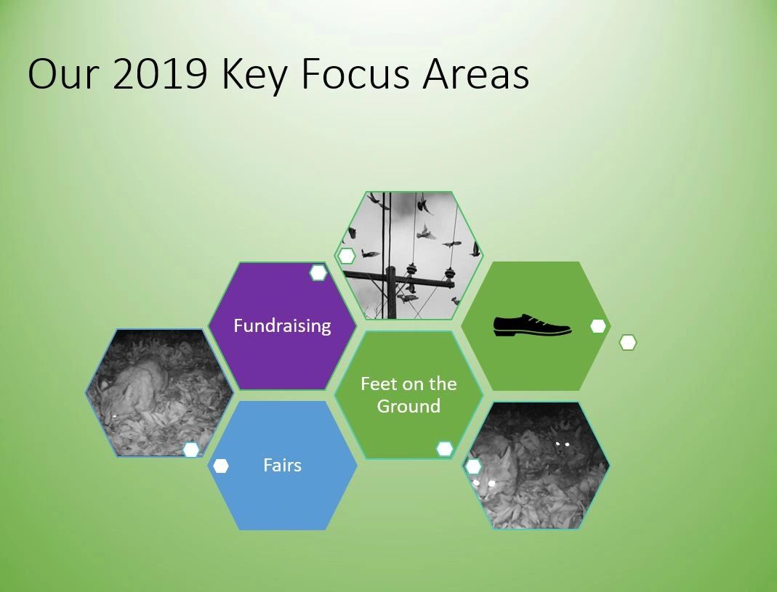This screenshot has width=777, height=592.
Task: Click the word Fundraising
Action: tap(282, 325)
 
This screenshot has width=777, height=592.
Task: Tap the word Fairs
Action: tap(282, 465)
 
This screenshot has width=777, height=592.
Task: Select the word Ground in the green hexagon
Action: tap(408, 406)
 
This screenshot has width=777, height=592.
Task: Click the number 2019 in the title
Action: tap(160, 74)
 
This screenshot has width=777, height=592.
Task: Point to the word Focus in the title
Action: tap(355, 74)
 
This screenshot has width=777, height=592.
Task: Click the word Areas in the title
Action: tap(475, 74)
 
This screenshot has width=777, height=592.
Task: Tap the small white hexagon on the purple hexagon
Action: tap(318, 272)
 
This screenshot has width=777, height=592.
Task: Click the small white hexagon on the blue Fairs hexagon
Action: tap(220, 466)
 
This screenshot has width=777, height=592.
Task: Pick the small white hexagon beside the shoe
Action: tap(598, 326)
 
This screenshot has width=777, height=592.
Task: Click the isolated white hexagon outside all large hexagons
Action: tap(628, 342)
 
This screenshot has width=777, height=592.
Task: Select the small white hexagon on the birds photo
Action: tap(346, 256)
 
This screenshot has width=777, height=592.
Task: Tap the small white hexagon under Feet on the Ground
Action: tap(445, 449)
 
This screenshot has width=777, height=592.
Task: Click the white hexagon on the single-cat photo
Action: tap(190, 450)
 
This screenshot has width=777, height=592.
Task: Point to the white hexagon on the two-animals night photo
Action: tap(473, 466)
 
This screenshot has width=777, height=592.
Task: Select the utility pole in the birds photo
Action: tap(392, 292)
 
